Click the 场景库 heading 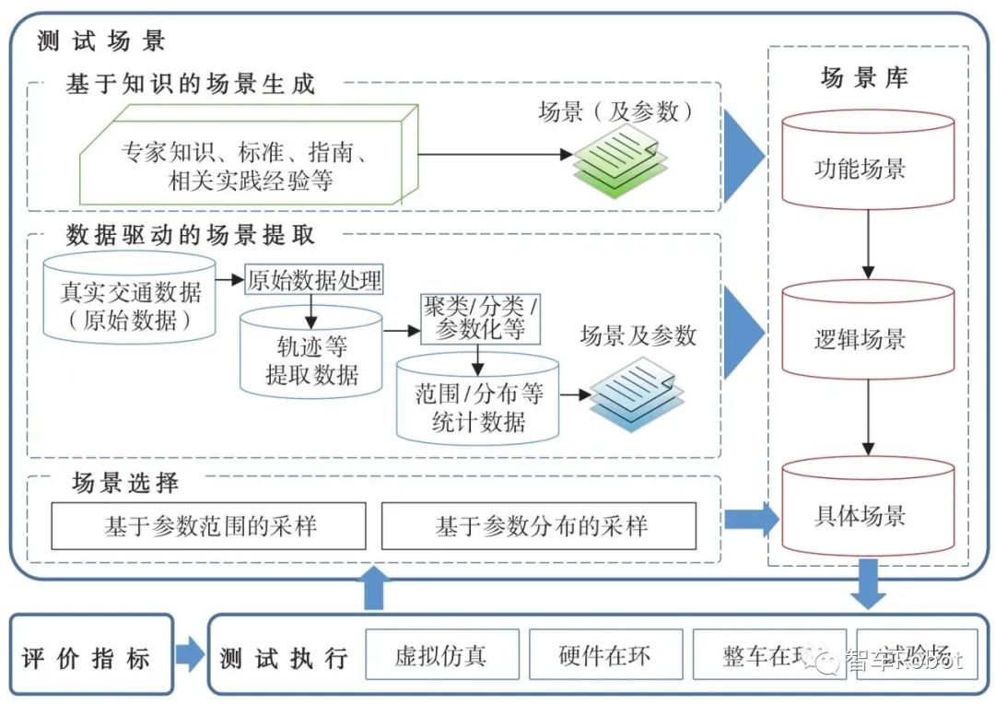[x=864, y=78]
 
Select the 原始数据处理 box [x=313, y=280]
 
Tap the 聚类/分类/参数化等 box [x=479, y=319]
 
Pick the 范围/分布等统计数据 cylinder [x=478, y=406]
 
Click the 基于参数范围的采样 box [x=208, y=526]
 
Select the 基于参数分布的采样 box [x=539, y=526]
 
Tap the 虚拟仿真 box [x=442, y=655]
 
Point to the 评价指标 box [x=90, y=656]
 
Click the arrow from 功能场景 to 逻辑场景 [x=867, y=243]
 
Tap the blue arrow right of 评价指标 [x=190, y=656]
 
